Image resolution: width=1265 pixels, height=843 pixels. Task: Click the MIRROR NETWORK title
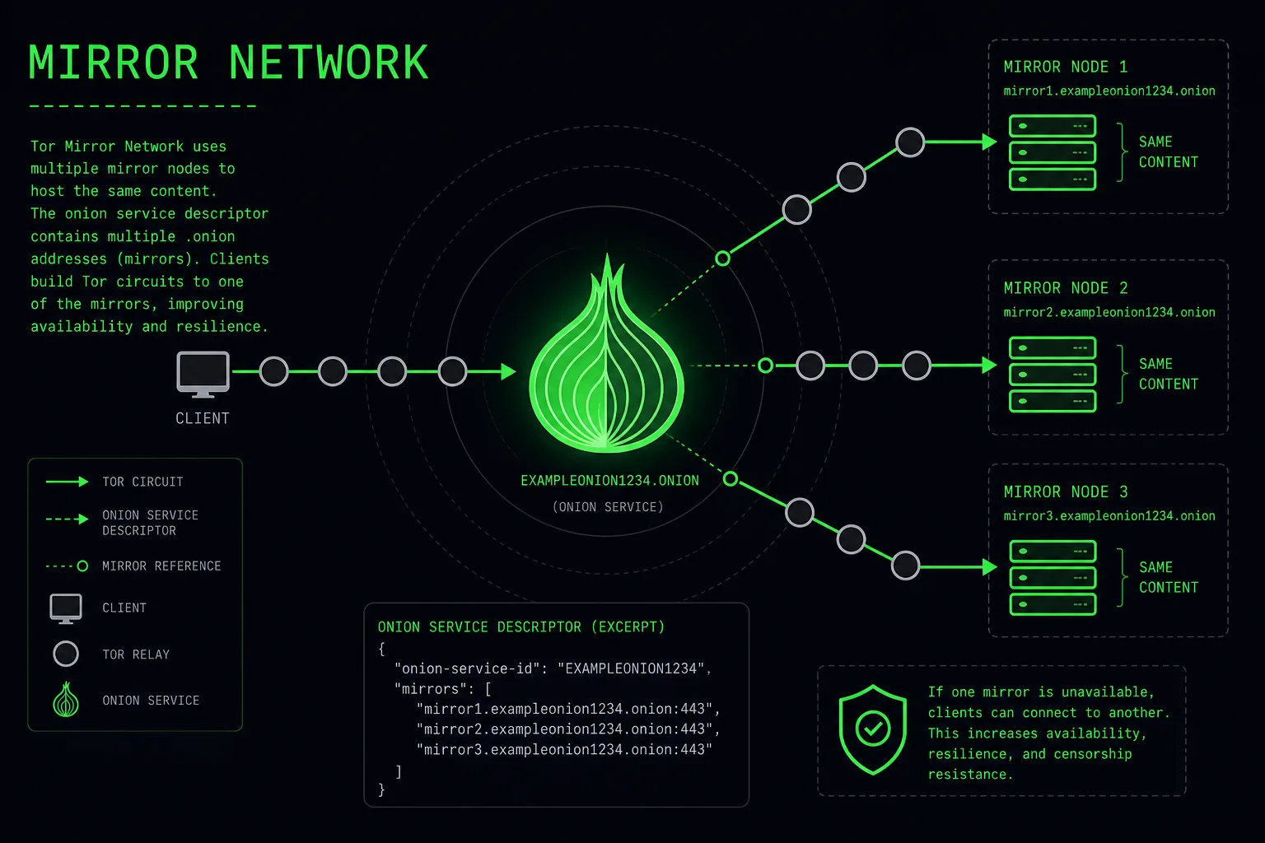tap(228, 62)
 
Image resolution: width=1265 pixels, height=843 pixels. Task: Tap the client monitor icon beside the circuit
tap(203, 374)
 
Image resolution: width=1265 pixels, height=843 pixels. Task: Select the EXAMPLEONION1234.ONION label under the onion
tap(609, 481)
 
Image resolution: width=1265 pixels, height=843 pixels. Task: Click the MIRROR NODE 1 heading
tap(1066, 67)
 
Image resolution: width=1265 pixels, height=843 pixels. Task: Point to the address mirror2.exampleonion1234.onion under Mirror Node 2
tap(1109, 312)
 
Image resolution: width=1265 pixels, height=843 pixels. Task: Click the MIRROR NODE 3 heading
tap(1066, 491)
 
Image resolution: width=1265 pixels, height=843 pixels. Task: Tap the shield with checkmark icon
tap(872, 729)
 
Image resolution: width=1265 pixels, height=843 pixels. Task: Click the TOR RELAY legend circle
tap(66, 654)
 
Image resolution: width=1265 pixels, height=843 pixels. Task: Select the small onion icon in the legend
tap(66, 699)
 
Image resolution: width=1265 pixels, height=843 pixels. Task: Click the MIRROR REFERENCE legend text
tap(161, 566)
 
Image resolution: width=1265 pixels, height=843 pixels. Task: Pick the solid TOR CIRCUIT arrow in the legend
tap(68, 482)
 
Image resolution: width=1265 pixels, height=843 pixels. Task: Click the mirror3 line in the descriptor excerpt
tap(564, 749)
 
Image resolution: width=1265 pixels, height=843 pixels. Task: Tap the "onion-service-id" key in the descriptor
tap(466, 668)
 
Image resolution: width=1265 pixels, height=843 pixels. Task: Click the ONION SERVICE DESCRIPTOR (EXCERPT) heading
tap(521, 626)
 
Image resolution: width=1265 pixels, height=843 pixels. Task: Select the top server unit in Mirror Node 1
tap(1052, 126)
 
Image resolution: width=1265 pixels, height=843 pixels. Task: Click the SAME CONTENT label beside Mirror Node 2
tap(1168, 374)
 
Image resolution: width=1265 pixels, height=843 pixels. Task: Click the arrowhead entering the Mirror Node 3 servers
tap(990, 567)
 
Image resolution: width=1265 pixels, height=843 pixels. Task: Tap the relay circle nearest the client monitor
tap(274, 371)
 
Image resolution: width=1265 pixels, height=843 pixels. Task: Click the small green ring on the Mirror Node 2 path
tap(765, 366)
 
